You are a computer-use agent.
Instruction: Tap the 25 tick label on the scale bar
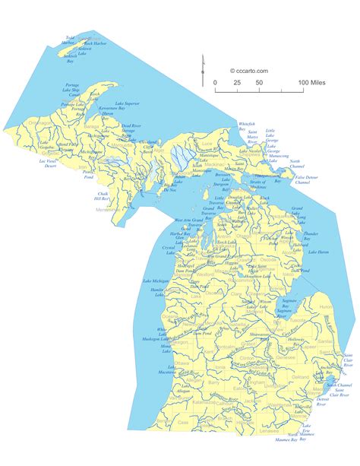coord(238,81)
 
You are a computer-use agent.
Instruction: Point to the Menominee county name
coord(105,209)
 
